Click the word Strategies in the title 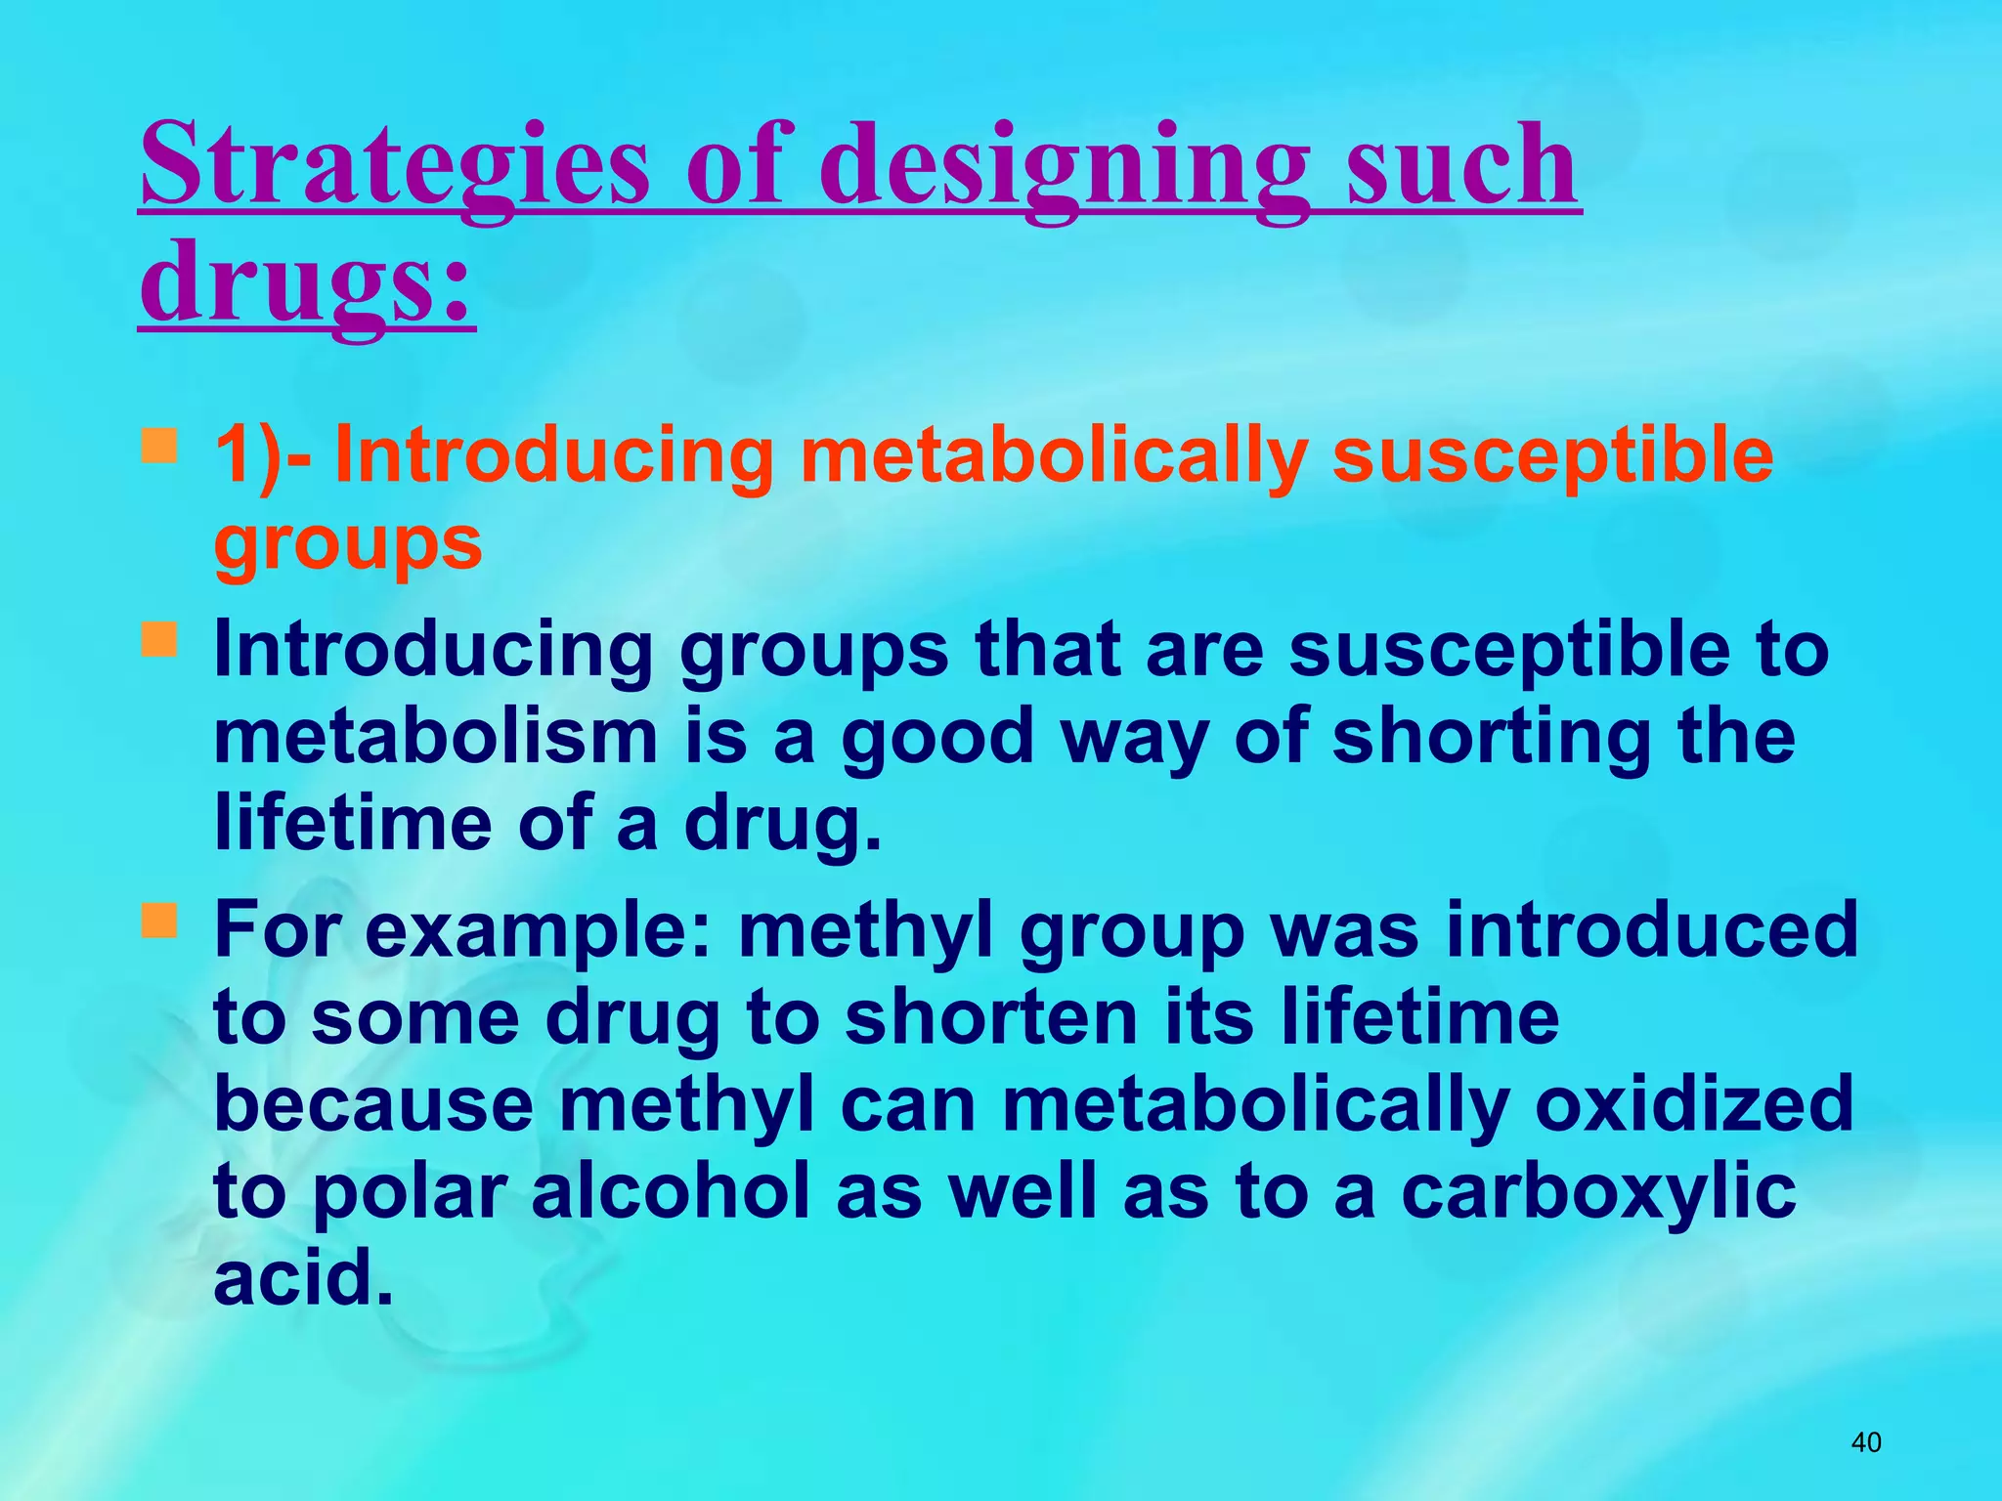(394, 164)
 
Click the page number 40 (1866, 1442)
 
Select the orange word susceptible (1552, 456)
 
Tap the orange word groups (348, 543)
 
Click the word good (937, 739)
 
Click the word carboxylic (1598, 1192)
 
